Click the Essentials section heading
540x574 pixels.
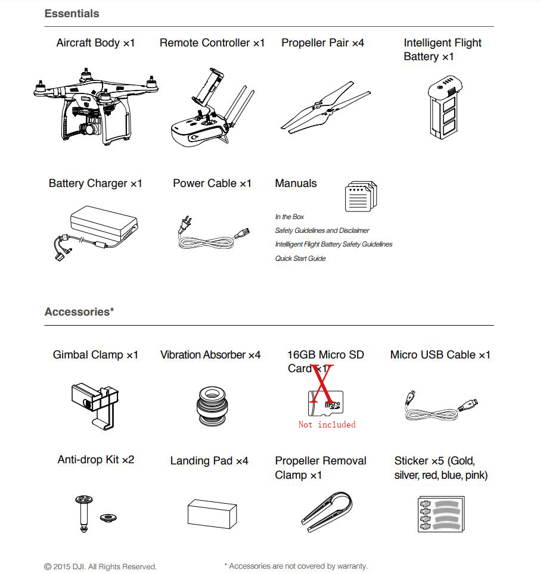coord(72,13)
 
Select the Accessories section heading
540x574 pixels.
coord(79,311)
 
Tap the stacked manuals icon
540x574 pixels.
coord(361,196)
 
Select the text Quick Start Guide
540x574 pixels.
coord(300,258)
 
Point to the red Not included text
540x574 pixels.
coord(327,425)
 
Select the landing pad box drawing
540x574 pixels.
coord(212,513)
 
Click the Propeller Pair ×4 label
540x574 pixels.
coord(322,43)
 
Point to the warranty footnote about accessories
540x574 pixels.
coord(296,566)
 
